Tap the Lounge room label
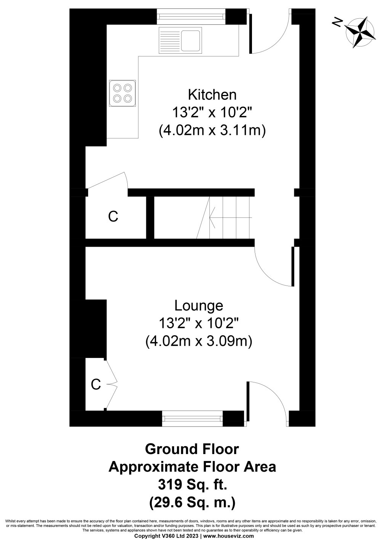198,305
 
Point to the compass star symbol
360,32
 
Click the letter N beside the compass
337,23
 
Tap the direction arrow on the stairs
229,217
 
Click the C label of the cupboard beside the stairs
113,217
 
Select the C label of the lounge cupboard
96,385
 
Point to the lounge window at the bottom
192,418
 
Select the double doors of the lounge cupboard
111,384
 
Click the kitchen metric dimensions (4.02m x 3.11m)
212,131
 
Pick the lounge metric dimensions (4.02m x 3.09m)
199,341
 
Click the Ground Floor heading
192,449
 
